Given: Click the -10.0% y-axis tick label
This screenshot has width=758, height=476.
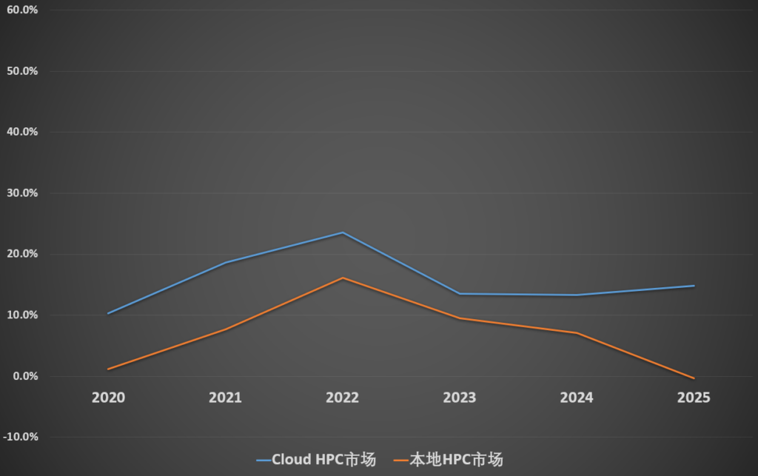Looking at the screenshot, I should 20,437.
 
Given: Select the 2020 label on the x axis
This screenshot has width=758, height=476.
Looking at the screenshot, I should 108,398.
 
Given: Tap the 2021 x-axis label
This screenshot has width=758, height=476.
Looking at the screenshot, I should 225,398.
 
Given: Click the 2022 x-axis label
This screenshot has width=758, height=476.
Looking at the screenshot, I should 342,398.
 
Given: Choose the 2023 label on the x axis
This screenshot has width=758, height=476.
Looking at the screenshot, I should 460,398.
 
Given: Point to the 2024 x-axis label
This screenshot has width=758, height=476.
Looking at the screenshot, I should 577,398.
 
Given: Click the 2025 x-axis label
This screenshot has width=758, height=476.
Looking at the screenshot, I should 694,398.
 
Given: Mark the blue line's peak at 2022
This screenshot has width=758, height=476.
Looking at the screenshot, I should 342,232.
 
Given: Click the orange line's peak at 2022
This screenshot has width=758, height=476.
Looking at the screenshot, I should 342,278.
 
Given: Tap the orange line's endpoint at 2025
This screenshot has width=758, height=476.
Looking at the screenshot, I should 694,378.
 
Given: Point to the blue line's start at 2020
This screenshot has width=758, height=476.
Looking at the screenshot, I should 108,313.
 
